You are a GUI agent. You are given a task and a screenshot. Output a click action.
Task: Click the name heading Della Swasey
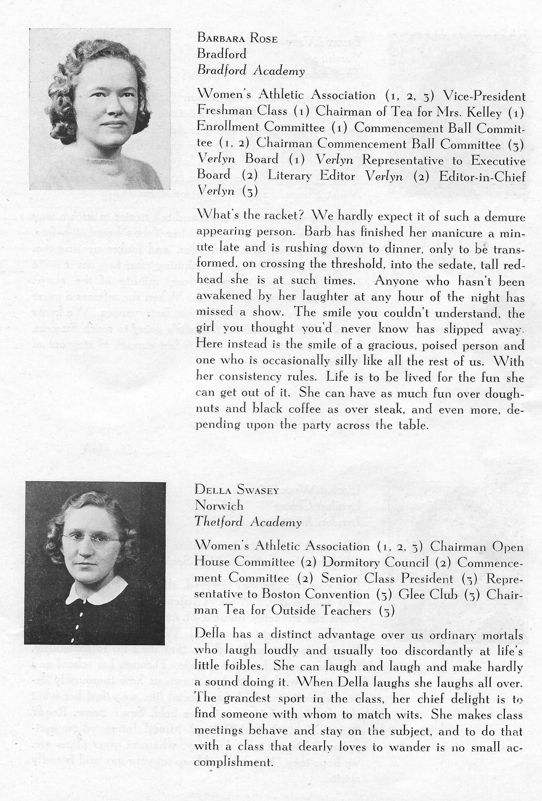(x=237, y=489)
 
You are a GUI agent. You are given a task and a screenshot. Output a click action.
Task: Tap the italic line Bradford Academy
(x=251, y=71)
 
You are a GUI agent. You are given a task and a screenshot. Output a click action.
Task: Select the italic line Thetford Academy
(x=248, y=522)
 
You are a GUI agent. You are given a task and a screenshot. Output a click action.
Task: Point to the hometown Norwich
(x=219, y=506)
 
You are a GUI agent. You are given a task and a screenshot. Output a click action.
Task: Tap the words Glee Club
(x=428, y=594)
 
